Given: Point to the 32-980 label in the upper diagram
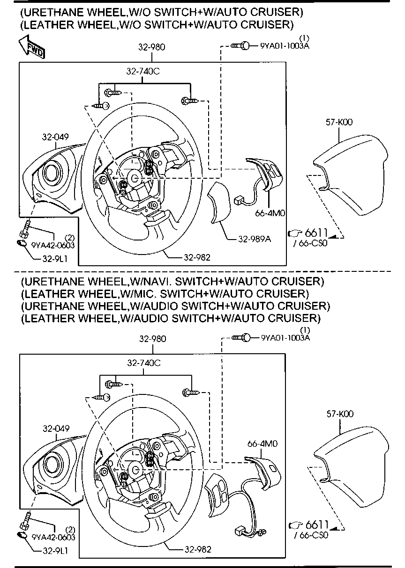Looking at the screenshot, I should tap(151, 47).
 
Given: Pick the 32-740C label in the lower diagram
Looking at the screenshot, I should tap(143, 363).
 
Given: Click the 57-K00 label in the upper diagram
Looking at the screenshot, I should tap(339, 122).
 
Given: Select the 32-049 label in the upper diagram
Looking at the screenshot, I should tap(55, 137).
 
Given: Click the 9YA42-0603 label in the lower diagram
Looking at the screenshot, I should tap(53, 538).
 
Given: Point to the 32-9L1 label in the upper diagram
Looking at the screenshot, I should tap(55, 258).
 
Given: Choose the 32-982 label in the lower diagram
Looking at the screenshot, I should tap(197, 549).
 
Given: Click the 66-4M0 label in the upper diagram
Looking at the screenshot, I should tap(270, 213).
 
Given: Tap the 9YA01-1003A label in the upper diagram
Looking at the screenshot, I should tap(285, 46).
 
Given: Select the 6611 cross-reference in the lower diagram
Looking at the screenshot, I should tap(316, 525).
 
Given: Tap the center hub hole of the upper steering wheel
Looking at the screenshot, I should tap(135, 178).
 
